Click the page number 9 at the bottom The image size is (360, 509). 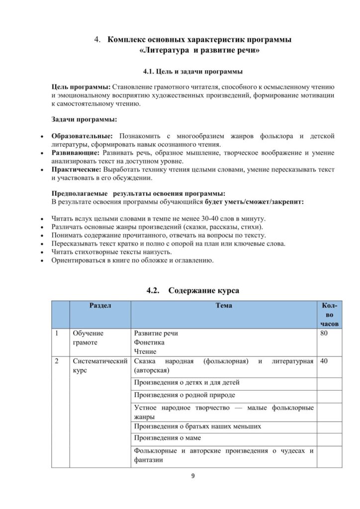coord(193,476)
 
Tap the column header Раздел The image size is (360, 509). coord(100,305)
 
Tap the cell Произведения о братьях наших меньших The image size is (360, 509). coord(197,426)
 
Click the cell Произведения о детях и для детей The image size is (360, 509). coord(186,382)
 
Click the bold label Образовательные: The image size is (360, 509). coord(82,136)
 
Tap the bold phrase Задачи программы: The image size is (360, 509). coord(85,119)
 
